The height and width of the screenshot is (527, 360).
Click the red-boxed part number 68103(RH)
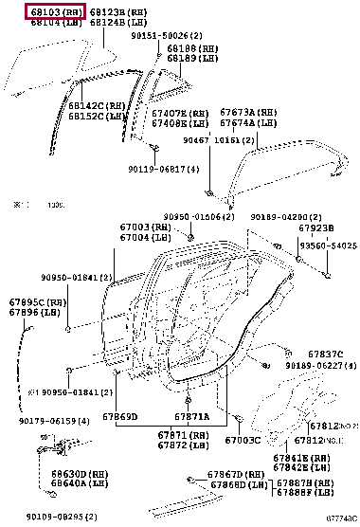[55, 12]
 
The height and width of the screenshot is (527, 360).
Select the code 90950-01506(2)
[200, 216]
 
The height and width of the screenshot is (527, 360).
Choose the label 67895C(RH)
[39, 302]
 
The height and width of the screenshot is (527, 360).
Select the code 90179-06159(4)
[53, 420]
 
